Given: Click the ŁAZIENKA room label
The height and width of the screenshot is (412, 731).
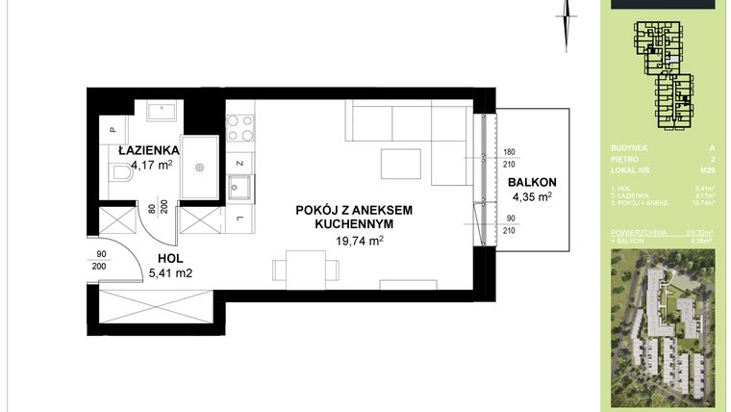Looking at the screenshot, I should point(144,150).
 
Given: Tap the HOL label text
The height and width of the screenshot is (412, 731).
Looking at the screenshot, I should point(172,257).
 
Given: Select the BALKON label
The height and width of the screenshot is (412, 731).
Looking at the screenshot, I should point(532,182).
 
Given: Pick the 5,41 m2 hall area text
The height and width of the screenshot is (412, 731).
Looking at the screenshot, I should point(173,272).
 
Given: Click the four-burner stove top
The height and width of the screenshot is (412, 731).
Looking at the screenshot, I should point(240,128).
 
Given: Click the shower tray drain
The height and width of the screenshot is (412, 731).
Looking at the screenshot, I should point(201,166).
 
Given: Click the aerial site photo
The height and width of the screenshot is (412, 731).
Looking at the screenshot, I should point(665,327).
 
